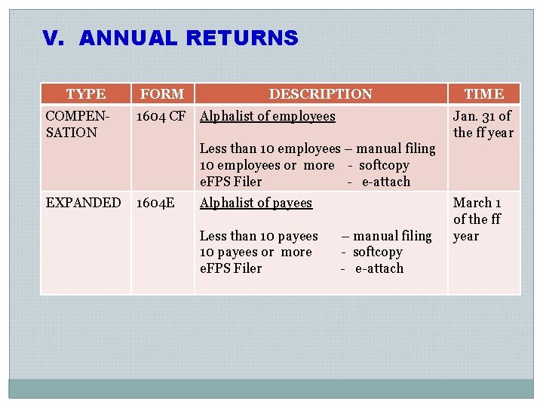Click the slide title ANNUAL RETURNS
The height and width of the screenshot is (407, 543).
[x=189, y=38]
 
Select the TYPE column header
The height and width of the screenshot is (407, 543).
[x=85, y=94]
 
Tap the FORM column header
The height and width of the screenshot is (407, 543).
[x=162, y=94]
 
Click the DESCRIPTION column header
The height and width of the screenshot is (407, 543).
[x=321, y=94]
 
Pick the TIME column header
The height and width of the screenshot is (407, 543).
[x=483, y=94]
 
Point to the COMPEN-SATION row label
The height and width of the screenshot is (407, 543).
[x=78, y=124]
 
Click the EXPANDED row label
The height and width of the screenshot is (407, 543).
[x=83, y=203]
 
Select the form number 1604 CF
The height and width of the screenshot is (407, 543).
[x=161, y=116]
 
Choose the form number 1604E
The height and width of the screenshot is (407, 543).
[x=155, y=203]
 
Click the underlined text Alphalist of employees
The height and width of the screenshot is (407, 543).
[x=267, y=116]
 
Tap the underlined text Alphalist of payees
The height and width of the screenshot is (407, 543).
[x=256, y=203]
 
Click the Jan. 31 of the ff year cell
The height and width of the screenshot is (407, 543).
[x=483, y=124]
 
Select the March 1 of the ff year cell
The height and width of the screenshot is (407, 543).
[x=477, y=219]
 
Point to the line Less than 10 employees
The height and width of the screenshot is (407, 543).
[x=270, y=149]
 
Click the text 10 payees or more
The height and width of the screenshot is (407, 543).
[x=256, y=252]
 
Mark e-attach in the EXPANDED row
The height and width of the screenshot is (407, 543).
[x=379, y=269]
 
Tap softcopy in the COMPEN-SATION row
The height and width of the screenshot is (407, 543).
[x=384, y=166]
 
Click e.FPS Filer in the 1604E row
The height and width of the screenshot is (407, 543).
[x=231, y=269]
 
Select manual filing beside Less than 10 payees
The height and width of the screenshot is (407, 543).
[x=391, y=236]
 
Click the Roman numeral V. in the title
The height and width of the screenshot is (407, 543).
[x=53, y=38]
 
